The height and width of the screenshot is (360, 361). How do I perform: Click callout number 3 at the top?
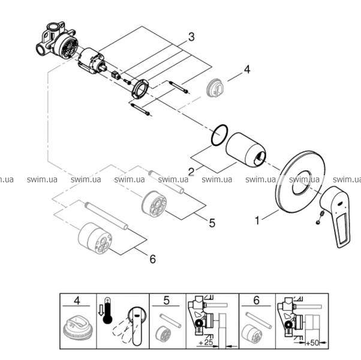click(191, 37)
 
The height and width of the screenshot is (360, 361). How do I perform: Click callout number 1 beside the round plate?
click(257, 220)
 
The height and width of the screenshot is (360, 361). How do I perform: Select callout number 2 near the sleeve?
click(191, 172)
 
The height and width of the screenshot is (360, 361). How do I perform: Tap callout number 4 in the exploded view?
click(247, 70)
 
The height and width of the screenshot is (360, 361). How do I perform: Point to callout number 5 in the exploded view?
click(212, 223)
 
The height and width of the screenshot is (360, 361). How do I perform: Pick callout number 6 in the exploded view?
click(153, 259)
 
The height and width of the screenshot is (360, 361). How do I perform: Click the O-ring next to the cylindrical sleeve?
click(219, 135)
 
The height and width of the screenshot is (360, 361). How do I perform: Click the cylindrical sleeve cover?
click(245, 149)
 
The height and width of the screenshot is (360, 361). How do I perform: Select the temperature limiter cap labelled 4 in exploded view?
click(215, 89)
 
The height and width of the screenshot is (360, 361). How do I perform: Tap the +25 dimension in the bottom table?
click(206, 342)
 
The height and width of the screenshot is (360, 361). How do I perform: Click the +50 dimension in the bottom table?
click(312, 343)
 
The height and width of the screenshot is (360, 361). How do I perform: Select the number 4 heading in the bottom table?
click(77, 301)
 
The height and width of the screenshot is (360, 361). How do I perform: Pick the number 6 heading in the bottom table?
click(256, 301)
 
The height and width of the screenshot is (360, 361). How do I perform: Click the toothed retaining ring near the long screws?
click(140, 89)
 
